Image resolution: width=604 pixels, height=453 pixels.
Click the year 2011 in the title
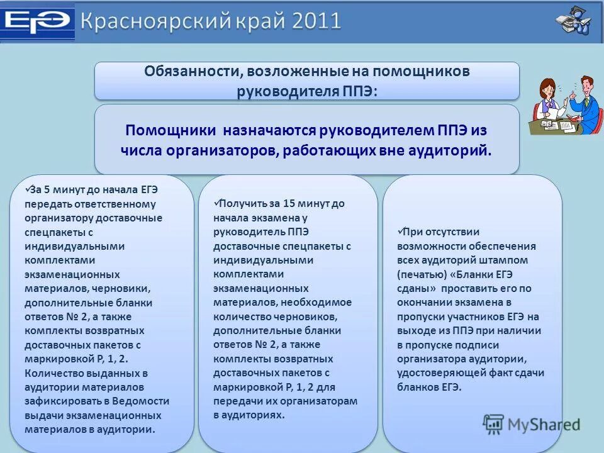click(x=316, y=21)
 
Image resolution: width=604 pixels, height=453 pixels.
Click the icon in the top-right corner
click(x=573, y=21)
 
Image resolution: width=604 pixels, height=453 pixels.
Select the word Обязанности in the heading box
click(x=189, y=71)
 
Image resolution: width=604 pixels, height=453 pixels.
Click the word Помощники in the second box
click(x=170, y=131)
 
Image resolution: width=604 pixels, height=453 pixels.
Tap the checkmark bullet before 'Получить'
click(x=217, y=203)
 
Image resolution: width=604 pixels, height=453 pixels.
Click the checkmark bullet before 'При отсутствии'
click(x=401, y=231)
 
